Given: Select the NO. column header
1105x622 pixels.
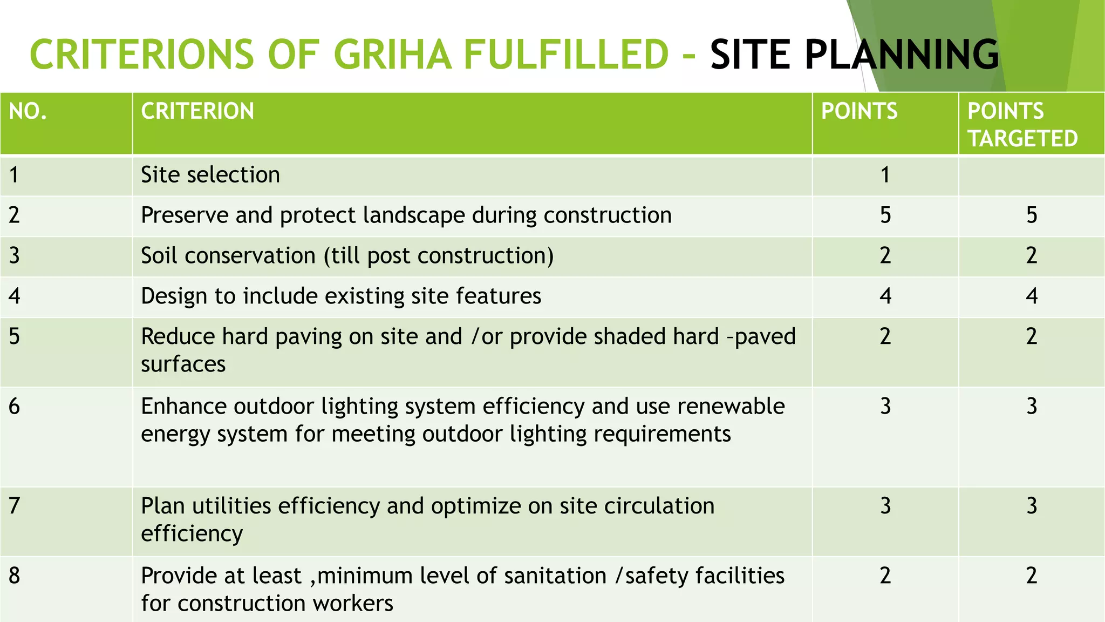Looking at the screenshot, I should tap(28, 111).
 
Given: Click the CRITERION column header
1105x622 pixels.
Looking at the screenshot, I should tap(197, 111).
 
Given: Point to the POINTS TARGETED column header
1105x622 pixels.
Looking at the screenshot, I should tap(1022, 125).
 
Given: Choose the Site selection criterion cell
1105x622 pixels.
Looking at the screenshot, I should tap(210, 175).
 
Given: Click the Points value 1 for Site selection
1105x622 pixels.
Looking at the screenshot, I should tap(885, 175).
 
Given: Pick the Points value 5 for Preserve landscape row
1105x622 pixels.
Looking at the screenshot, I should tap(885, 215).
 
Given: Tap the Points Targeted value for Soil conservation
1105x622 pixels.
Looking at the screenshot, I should tap(1031, 255).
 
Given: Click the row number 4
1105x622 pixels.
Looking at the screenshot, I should tap(15, 296).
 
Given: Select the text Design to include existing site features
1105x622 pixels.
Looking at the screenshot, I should tap(341, 296).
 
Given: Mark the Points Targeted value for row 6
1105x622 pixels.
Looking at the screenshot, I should tap(1031, 406).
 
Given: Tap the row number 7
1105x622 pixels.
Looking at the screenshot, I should tap(15, 506).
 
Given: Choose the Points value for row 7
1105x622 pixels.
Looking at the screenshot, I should tap(885, 506).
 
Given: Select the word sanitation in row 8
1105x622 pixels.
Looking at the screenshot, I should tap(555, 576).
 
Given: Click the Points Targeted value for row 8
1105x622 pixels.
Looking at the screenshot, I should tap(1031, 576).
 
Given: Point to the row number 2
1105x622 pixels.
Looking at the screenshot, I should tap(15, 215).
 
